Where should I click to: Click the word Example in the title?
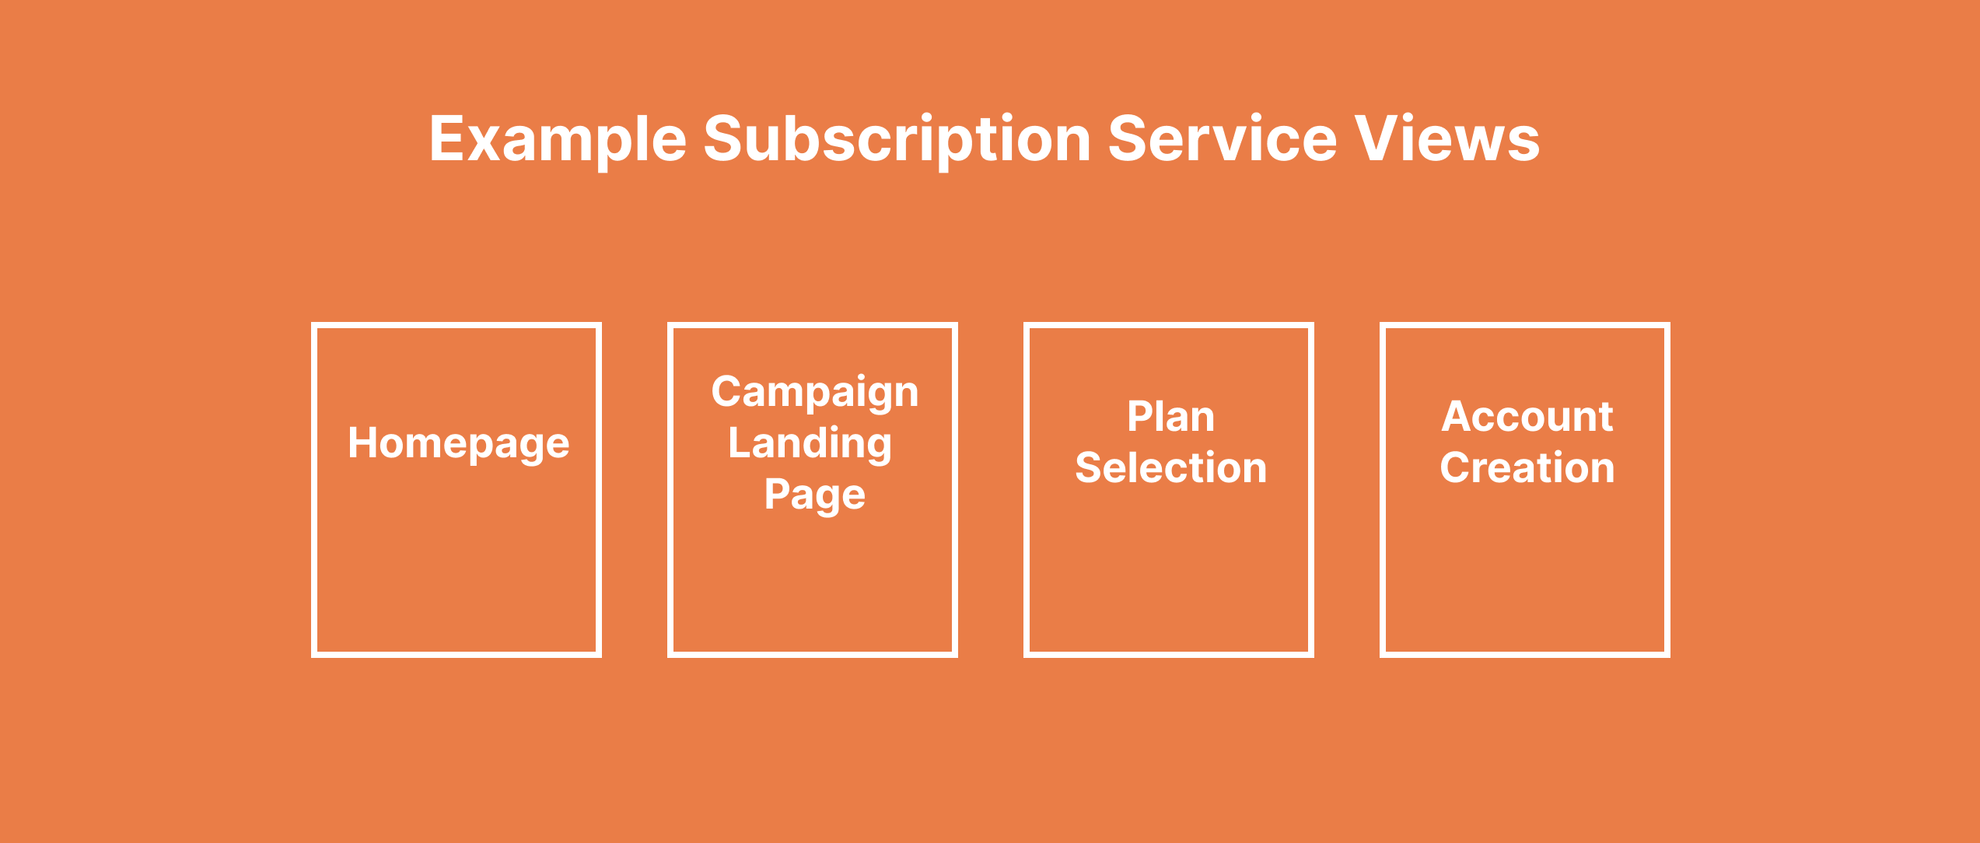click(x=558, y=140)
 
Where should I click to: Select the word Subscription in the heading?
click(x=897, y=140)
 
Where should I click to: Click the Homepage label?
click(x=459, y=444)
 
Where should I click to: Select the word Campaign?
click(x=815, y=393)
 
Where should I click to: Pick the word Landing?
click(x=810, y=444)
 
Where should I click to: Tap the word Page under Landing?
click(x=815, y=495)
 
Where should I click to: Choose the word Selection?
click(x=1171, y=467)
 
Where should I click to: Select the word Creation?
click(x=1527, y=467)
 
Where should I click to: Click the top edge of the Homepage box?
click(x=457, y=325)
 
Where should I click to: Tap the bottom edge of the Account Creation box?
click(x=1525, y=654)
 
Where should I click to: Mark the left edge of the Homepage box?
click(x=314, y=490)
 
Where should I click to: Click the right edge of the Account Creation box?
click(x=1667, y=490)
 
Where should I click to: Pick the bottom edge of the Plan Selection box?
click(x=1169, y=654)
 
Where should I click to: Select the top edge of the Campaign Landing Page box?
click(x=813, y=325)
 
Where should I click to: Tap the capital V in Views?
click(x=1379, y=138)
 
